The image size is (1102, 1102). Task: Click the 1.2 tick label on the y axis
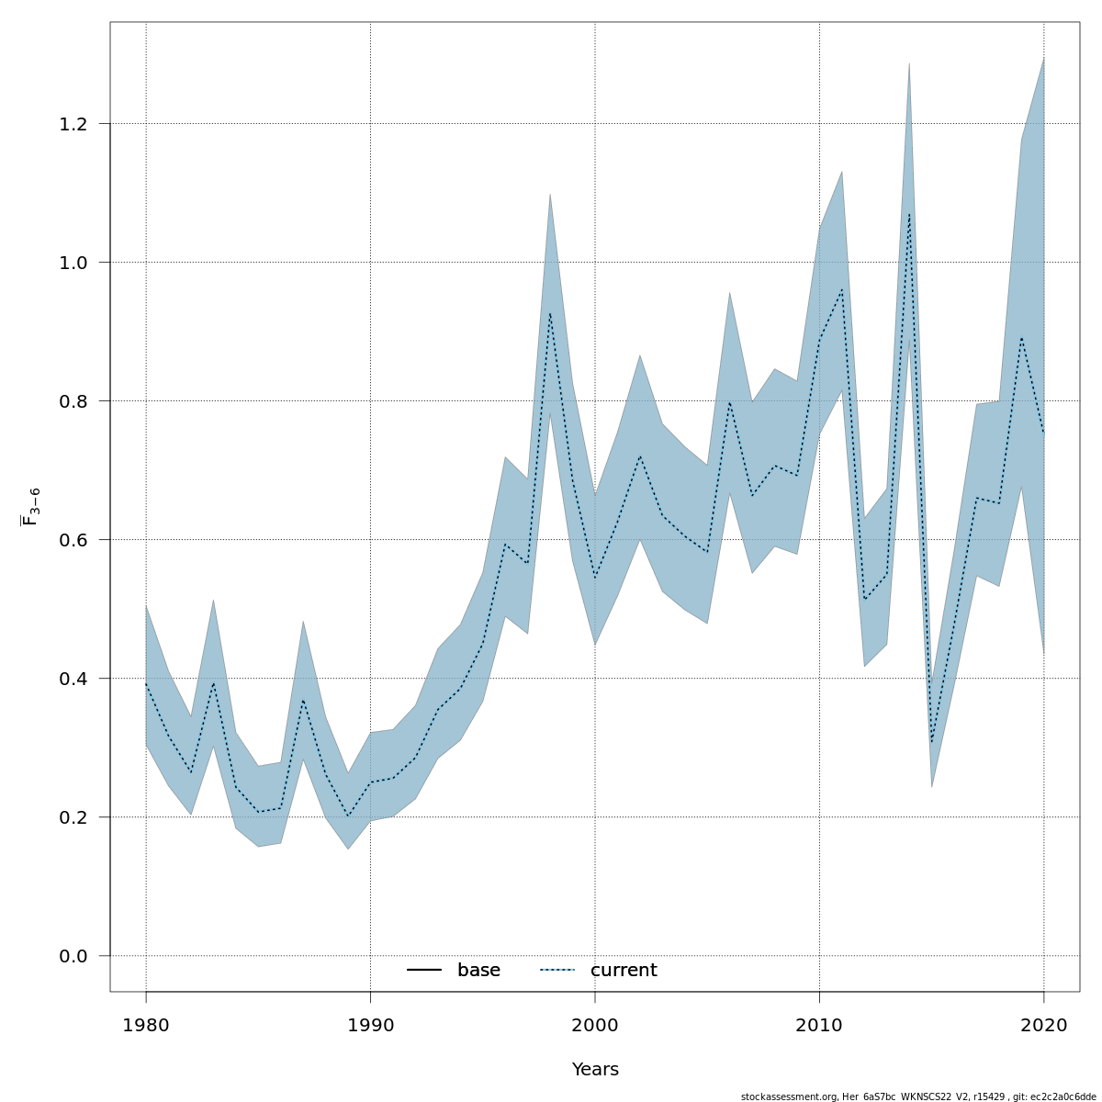[78, 124]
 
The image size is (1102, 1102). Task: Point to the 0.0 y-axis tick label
[78, 956]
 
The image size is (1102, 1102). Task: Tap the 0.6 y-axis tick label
[78, 540]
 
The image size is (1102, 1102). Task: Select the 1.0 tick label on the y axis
[78, 263]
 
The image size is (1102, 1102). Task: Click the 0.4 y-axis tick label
[78, 679]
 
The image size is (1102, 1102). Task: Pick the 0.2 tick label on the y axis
[78, 817]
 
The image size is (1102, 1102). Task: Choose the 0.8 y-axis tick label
[78, 401]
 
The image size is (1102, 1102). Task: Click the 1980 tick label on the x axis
[146, 1025]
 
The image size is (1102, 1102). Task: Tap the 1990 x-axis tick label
[370, 1025]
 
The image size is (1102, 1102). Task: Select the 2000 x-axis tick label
[595, 1025]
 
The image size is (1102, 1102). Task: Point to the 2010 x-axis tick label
[819, 1025]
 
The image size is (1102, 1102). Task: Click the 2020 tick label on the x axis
[1044, 1025]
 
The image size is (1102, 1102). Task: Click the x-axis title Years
[595, 1070]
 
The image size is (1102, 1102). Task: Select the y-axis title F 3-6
[30, 507]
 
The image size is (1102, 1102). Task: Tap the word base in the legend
[478, 971]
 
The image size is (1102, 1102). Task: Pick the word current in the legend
[624, 971]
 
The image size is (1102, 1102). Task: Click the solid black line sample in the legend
[424, 971]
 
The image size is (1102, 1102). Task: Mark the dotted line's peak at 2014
[909, 215]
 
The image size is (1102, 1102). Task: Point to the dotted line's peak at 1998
[550, 313]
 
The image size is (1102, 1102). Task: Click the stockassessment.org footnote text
[918, 1096]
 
